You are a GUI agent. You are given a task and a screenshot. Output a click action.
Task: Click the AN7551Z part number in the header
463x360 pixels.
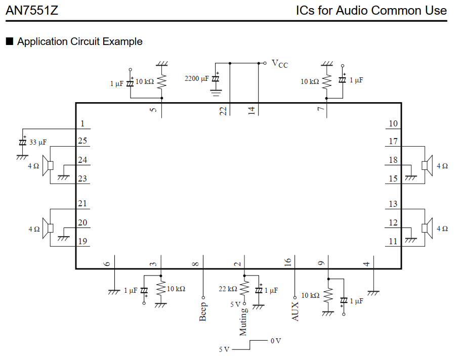(x=32, y=10)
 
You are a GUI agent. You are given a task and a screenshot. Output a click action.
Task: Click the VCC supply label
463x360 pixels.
(x=280, y=64)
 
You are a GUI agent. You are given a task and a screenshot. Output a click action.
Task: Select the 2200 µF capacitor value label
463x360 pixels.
(x=196, y=79)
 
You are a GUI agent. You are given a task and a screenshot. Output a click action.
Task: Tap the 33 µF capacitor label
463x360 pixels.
(x=37, y=143)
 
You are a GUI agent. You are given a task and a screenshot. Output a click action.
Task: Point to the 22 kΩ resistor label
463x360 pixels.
(x=228, y=289)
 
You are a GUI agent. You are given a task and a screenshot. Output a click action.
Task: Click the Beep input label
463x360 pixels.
(x=203, y=311)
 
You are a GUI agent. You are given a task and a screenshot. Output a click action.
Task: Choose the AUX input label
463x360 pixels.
(x=295, y=311)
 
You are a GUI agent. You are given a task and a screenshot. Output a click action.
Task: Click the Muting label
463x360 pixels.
(x=243, y=322)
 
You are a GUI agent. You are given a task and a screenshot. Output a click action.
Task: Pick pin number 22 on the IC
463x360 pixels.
(x=223, y=111)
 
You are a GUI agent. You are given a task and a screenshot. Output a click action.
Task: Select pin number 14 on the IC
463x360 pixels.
(x=251, y=111)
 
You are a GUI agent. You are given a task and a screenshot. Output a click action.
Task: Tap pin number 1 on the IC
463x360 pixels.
(x=82, y=124)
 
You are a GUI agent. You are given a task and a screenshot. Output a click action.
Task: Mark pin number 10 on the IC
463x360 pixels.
(x=393, y=124)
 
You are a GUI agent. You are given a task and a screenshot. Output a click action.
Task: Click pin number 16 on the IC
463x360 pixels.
(x=288, y=262)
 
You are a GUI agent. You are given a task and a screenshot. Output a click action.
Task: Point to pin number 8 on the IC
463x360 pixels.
(x=196, y=263)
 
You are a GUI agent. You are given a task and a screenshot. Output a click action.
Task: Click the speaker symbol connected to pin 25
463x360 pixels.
(x=49, y=166)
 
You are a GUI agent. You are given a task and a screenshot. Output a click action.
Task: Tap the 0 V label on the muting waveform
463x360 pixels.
(x=275, y=341)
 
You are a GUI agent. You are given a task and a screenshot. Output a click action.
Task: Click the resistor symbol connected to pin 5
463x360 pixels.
(x=162, y=81)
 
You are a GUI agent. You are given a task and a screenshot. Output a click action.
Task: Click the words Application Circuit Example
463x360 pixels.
(x=79, y=41)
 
